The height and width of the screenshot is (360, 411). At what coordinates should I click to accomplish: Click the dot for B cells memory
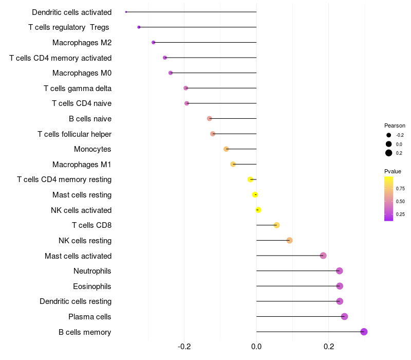[364, 332]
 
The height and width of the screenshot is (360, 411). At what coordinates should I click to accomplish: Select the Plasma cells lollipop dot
[344, 316]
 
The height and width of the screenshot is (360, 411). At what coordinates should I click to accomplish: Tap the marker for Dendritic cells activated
[126, 12]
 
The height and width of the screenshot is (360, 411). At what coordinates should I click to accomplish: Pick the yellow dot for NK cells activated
[258, 210]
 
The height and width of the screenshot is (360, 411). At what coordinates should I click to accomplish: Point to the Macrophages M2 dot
[153, 42]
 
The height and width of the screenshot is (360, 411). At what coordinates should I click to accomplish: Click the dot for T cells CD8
[276, 225]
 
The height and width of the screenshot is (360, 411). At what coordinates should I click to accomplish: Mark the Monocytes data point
[226, 149]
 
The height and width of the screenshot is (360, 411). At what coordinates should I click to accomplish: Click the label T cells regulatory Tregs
[69, 27]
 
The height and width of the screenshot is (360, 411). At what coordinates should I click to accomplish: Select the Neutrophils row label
[92, 271]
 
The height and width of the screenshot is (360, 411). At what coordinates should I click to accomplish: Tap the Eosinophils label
[92, 286]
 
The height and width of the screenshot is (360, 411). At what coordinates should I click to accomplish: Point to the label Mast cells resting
[82, 195]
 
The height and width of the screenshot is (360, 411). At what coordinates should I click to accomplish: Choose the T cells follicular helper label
[74, 134]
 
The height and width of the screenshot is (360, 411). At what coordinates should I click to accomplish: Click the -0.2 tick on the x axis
[184, 347]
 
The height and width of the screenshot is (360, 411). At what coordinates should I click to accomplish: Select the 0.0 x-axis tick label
[256, 347]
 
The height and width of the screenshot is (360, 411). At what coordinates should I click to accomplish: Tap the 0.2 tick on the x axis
[328, 347]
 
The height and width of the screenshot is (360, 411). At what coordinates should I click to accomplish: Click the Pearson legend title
[395, 125]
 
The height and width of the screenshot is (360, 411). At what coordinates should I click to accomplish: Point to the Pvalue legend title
[393, 171]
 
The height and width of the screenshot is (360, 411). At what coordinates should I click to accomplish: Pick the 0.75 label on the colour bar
[400, 188]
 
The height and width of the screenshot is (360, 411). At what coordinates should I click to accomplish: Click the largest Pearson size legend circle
[389, 153]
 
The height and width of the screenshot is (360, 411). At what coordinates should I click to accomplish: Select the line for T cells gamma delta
[221, 88]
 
